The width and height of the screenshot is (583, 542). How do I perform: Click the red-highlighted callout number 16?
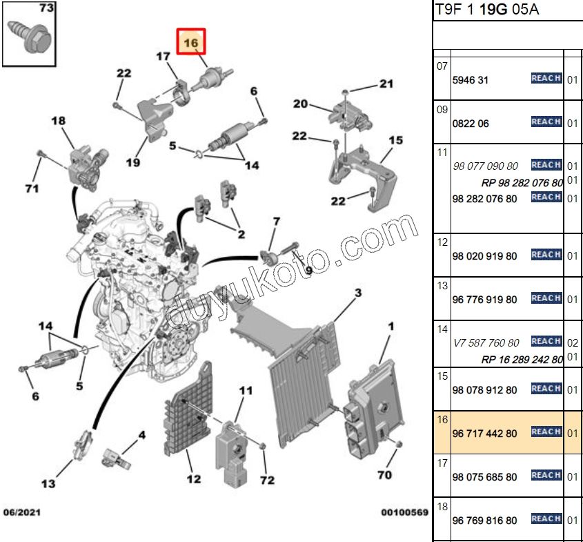(191, 43)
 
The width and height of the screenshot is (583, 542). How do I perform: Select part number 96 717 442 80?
(484, 433)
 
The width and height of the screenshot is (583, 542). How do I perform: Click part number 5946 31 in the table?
(471, 80)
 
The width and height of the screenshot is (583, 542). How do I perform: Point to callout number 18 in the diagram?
(59, 122)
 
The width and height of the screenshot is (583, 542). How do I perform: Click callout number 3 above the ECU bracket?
(357, 293)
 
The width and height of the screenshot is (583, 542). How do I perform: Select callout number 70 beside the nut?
(384, 475)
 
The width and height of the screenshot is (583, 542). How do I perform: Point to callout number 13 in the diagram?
(48, 483)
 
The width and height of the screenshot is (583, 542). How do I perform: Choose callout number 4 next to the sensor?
(142, 435)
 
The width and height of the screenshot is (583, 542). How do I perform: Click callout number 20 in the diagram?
(300, 104)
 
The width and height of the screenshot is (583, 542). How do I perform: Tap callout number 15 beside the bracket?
(395, 141)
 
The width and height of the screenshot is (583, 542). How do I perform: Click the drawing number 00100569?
(405, 513)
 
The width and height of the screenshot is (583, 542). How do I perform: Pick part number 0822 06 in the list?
(471, 124)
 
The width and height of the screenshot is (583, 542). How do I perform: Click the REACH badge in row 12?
(546, 255)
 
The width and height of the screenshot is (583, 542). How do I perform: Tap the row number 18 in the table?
(442, 507)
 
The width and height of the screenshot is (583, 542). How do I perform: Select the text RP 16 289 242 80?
(522, 359)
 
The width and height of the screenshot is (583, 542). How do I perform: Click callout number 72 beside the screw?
(267, 480)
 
